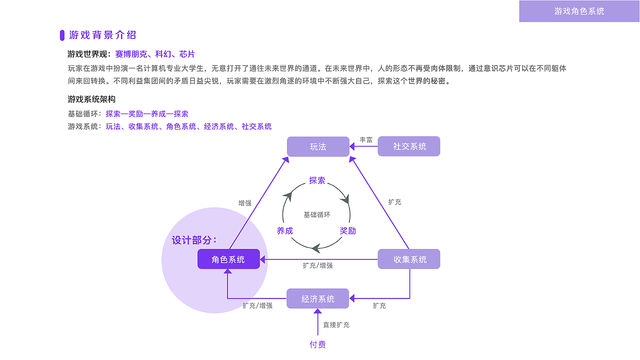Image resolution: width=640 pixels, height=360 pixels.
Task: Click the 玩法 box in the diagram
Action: pyautogui.click(x=318, y=146)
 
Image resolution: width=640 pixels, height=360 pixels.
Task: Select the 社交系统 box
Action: pyautogui.click(x=409, y=146)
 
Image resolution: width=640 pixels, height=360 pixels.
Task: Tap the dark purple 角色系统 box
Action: pyautogui.click(x=228, y=259)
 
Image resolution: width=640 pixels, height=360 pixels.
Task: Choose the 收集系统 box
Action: pyautogui.click(x=409, y=259)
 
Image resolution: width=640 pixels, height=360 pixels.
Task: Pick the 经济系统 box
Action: pyautogui.click(x=318, y=298)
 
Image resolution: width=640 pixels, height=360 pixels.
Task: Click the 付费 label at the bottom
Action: pyautogui.click(x=317, y=344)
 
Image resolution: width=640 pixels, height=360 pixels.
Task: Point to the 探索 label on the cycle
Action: pyautogui.click(x=317, y=180)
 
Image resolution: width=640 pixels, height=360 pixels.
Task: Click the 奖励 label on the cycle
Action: pyautogui.click(x=347, y=230)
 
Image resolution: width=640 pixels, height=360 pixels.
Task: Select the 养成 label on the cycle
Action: pyautogui.click(x=284, y=230)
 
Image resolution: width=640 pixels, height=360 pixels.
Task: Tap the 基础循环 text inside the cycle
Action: pyautogui.click(x=317, y=214)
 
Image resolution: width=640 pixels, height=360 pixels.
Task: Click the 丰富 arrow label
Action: pyautogui.click(x=366, y=140)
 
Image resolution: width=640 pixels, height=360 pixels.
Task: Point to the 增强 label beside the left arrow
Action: pyautogui.click(x=245, y=203)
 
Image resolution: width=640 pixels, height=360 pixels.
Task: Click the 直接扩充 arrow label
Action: pyautogui.click(x=336, y=324)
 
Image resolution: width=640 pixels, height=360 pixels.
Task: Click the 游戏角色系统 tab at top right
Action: pyautogui.click(x=579, y=11)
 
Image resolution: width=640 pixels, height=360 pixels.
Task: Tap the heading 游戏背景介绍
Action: pyautogui.click(x=102, y=35)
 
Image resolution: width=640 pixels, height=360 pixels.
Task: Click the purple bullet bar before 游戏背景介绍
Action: pyautogui.click(x=62, y=35)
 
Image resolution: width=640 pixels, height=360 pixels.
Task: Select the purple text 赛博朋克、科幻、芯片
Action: pyautogui.click(x=154, y=54)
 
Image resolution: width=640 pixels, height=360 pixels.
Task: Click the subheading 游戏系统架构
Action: pyautogui.click(x=91, y=99)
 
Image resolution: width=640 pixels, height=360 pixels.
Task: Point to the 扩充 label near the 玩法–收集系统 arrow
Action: pyautogui.click(x=394, y=202)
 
